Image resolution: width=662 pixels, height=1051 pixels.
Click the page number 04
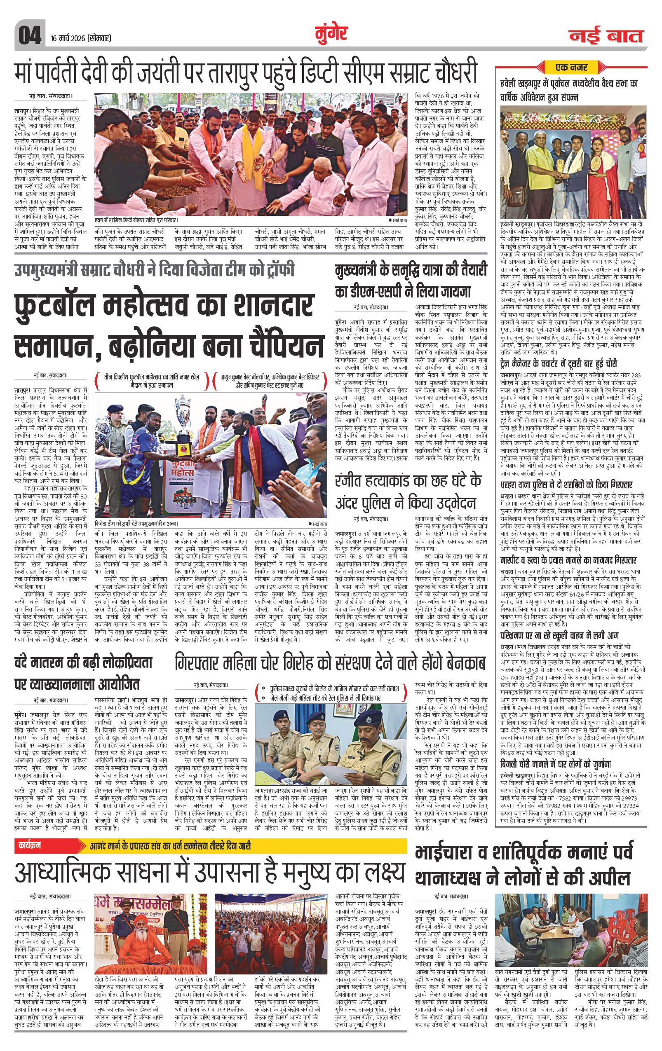29,35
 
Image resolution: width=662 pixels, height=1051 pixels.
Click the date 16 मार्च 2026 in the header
81,38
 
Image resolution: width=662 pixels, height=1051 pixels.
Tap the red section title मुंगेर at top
331,34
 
